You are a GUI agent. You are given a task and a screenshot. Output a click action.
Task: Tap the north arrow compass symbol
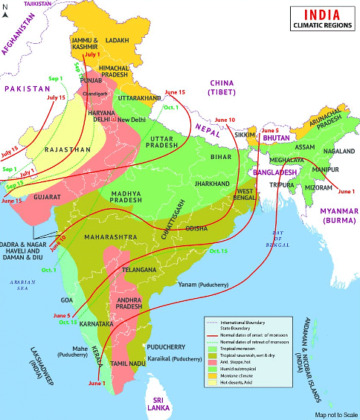6,8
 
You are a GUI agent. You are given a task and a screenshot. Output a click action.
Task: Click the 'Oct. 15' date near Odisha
218,251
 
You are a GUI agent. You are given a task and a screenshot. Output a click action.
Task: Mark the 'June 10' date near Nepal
225,120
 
